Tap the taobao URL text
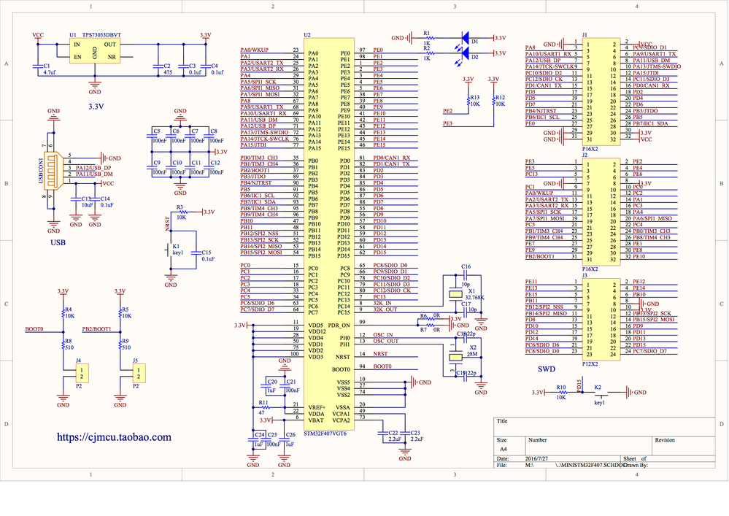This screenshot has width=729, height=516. click(x=115, y=437)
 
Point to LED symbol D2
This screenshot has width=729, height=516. click(x=465, y=53)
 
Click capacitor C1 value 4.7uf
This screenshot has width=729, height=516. click(x=50, y=73)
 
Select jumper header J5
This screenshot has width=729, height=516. click(x=136, y=374)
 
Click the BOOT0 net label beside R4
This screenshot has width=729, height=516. click(x=34, y=329)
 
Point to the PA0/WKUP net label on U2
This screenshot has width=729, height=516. click(x=255, y=50)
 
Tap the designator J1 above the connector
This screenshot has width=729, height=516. click(x=585, y=34)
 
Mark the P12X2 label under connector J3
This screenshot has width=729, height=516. click(x=590, y=363)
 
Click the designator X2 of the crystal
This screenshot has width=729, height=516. click(x=473, y=347)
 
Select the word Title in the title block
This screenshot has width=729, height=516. click(x=501, y=421)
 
